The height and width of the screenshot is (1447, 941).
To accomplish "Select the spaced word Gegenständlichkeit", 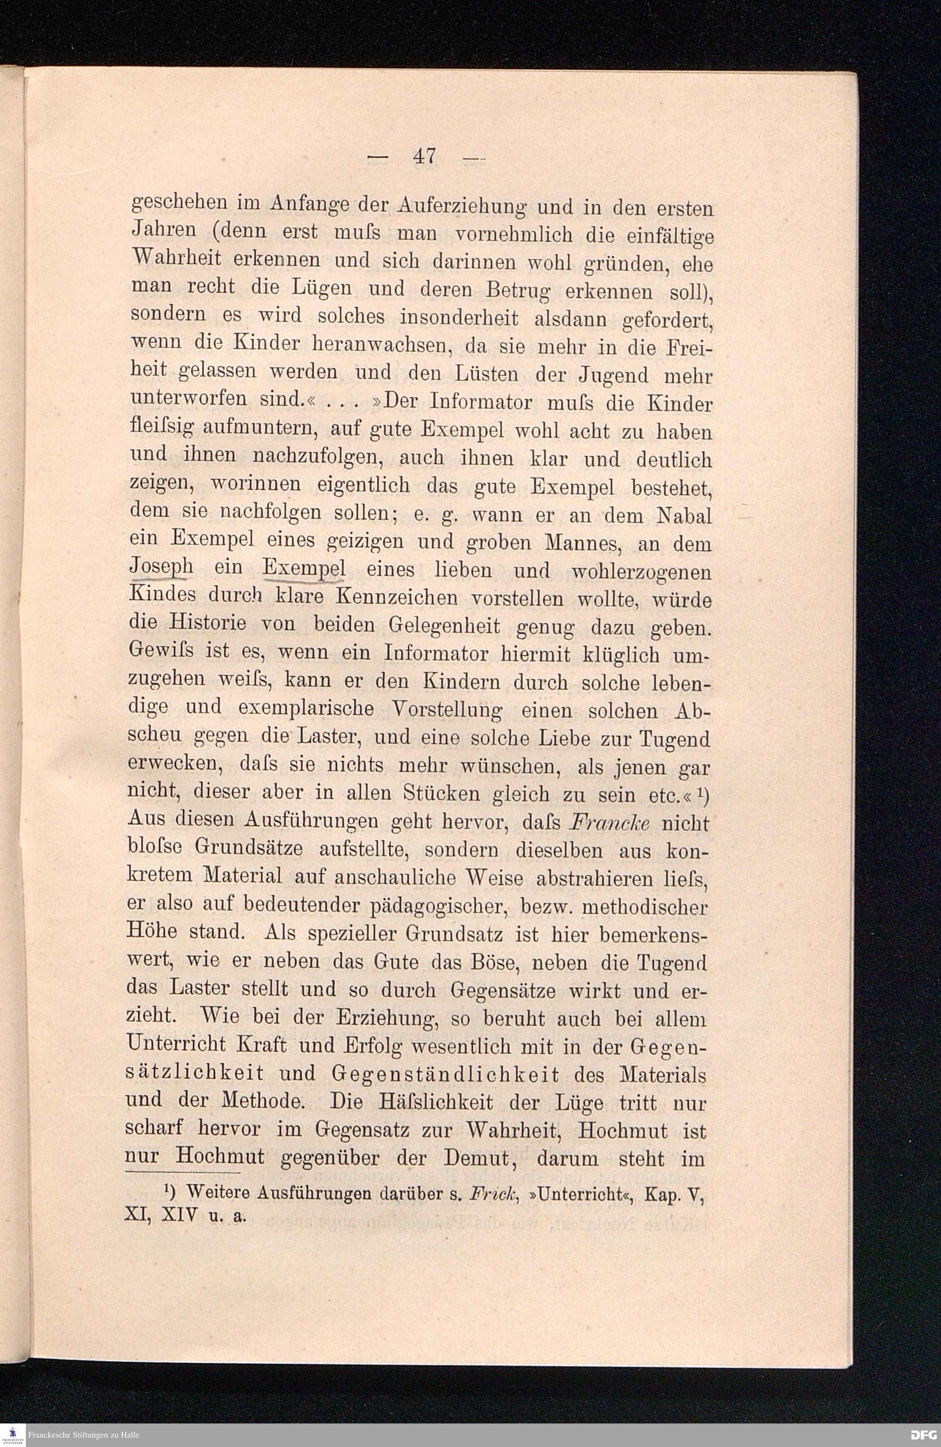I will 446,1075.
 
